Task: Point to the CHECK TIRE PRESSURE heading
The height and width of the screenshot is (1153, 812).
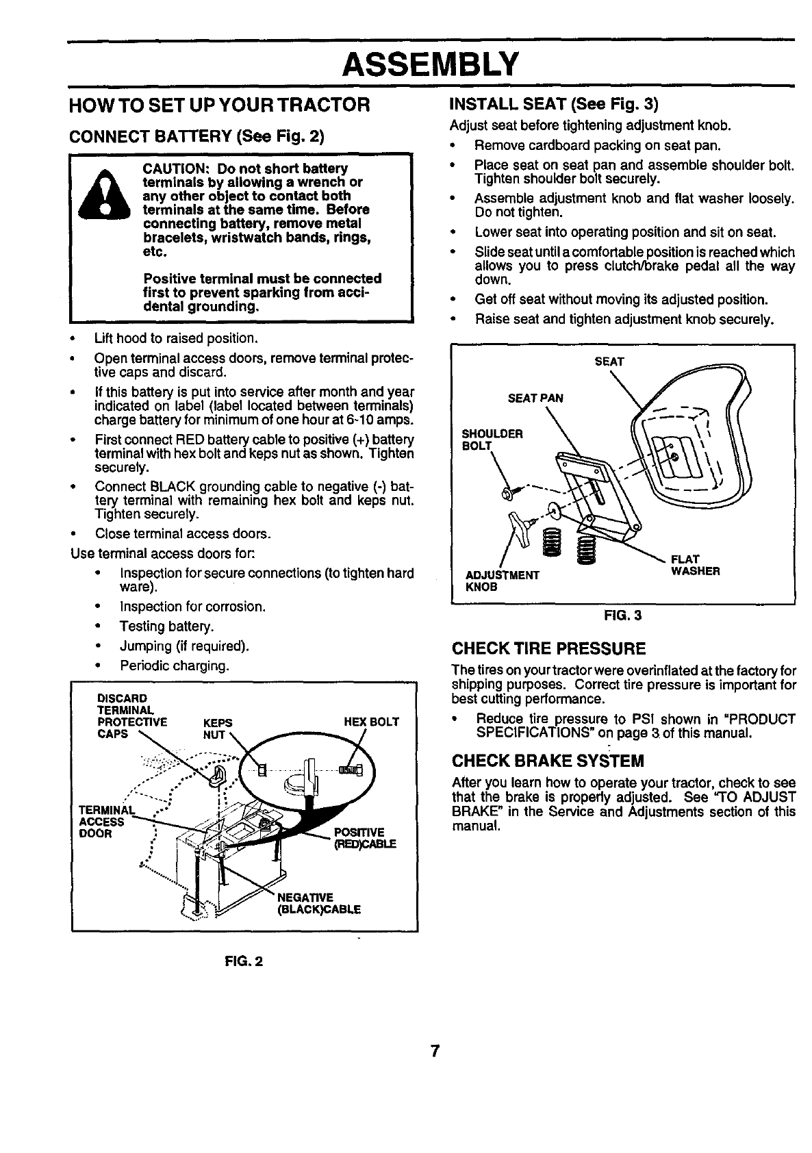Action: coord(548,648)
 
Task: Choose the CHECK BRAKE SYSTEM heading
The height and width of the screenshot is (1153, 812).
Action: coord(548,761)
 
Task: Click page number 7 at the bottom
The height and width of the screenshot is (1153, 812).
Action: coord(434,1051)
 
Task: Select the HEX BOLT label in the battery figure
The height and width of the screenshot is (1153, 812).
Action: coord(371,722)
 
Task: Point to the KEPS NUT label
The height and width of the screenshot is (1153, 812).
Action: coord(218,728)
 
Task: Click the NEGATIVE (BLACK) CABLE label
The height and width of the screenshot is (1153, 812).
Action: coord(318,903)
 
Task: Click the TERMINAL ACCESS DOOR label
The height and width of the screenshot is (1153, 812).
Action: coord(103,822)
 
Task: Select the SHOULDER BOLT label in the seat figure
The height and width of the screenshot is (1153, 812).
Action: coord(483,440)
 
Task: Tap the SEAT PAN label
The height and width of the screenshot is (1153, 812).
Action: coord(535,398)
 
